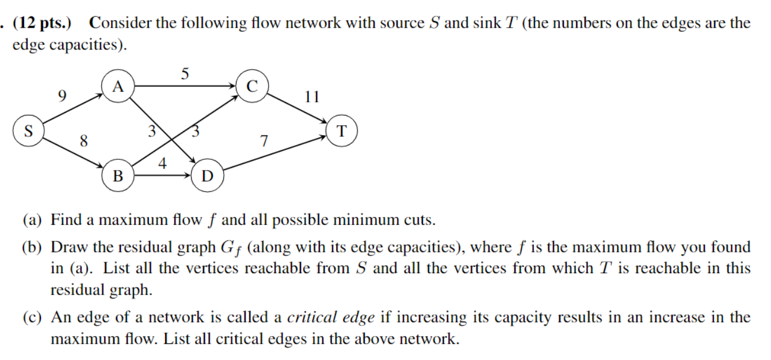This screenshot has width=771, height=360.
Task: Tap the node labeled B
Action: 118,176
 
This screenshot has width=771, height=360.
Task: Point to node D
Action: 207,176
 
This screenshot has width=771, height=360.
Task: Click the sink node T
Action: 342,131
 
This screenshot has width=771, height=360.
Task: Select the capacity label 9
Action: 62,94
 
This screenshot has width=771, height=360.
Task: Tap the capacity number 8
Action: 84,141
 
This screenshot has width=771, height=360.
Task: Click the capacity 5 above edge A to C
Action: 184,74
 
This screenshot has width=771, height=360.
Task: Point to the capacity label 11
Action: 312,96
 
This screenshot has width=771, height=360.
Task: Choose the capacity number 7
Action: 264,141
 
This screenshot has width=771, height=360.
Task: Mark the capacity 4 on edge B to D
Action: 162,164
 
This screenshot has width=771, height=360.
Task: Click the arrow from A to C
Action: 184,86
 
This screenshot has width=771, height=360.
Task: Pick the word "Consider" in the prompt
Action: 119,24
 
